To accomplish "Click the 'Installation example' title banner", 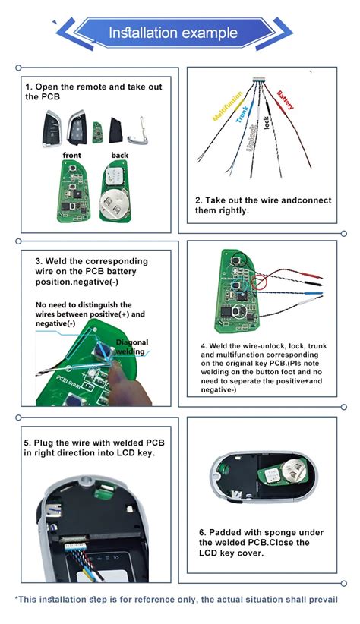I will [x=179, y=33].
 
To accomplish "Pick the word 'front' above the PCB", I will [x=71, y=156].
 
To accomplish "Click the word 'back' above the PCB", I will [x=119, y=156].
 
